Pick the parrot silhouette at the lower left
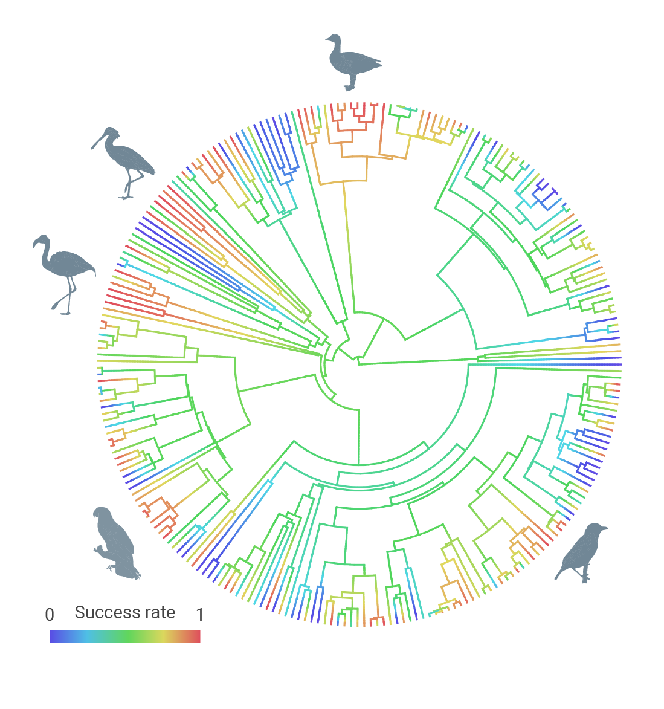coord(115,543)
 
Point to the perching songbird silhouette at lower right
coord(581,552)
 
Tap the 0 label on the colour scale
coord(50,615)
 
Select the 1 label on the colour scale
coord(200,615)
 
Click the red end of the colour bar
coord(196,636)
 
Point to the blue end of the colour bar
coord(54,636)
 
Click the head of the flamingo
coord(42,241)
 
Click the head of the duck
coord(334,39)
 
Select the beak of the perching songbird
coord(605,528)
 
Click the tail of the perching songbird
coord(559,574)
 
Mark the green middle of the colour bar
coord(124,636)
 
